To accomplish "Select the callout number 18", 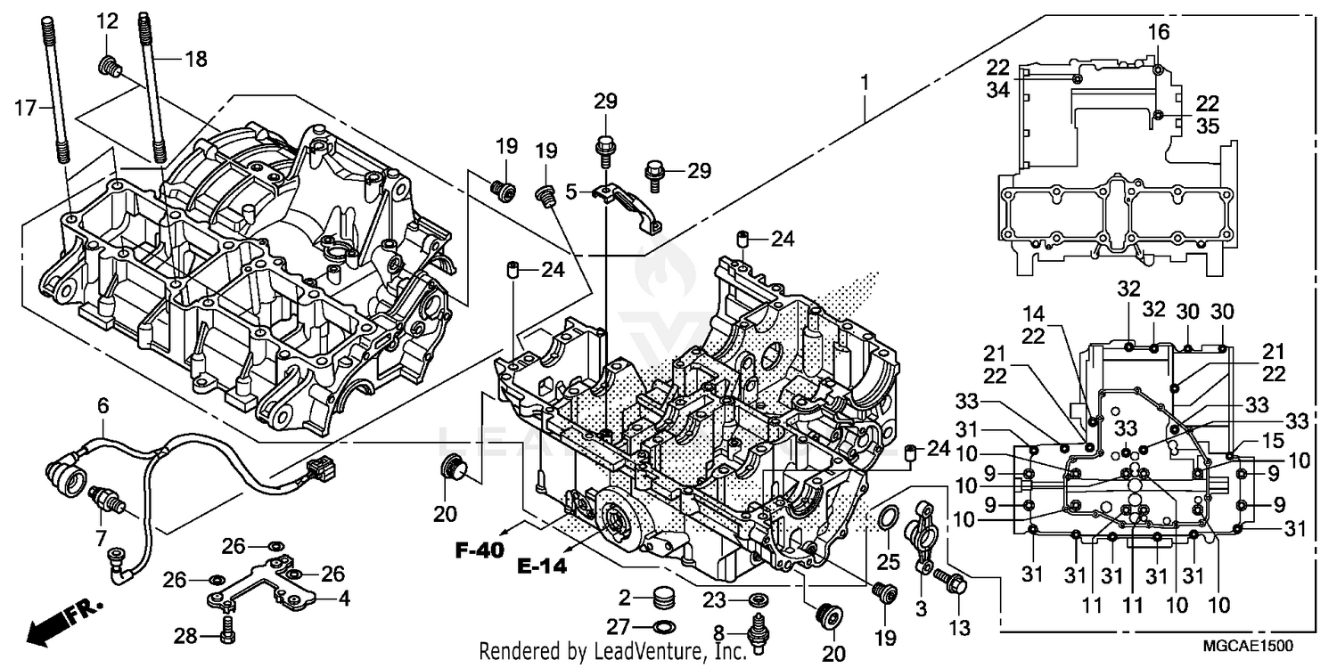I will tap(195, 60).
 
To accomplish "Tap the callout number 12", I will tap(107, 20).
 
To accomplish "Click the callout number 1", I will tap(863, 82).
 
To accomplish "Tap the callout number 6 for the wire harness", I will tap(103, 405).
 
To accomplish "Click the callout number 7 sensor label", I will tap(101, 538).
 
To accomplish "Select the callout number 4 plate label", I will tap(343, 599).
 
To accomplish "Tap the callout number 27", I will tap(625, 625).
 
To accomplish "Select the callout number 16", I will tap(1157, 33).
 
